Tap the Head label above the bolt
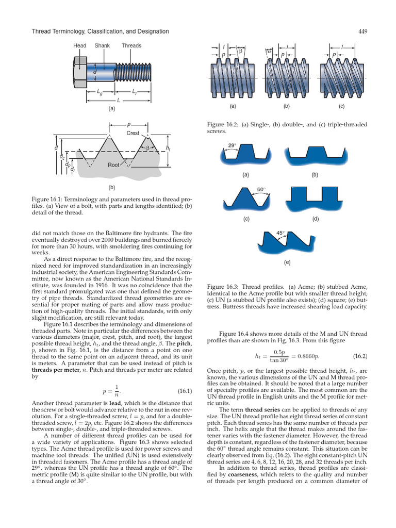point(80,45)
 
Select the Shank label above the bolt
point(102,45)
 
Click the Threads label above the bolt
point(131,45)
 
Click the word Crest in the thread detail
point(133,133)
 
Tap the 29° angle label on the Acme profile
point(233,145)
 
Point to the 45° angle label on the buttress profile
point(281,233)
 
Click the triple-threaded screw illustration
point(341,78)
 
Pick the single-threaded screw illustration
point(232,78)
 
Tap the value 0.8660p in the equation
point(315,356)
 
